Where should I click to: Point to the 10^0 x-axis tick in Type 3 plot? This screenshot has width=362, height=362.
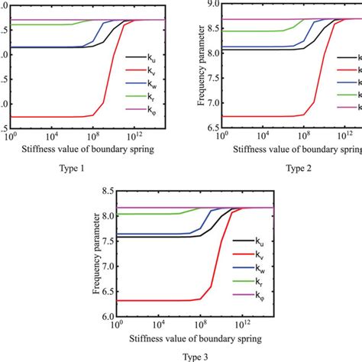[118, 325]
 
